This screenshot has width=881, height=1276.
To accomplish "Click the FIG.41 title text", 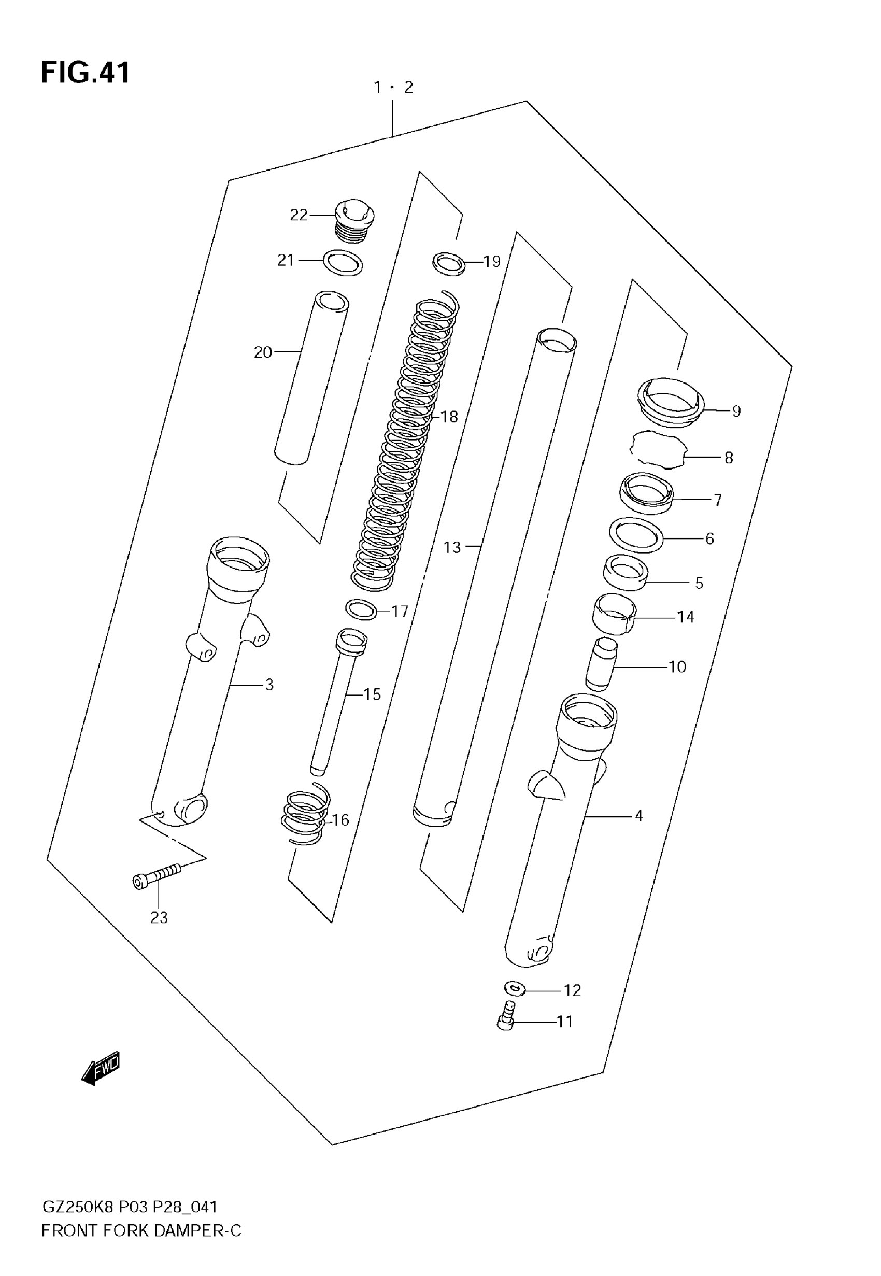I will pos(86,73).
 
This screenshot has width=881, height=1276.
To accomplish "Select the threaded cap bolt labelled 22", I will pos(354,220).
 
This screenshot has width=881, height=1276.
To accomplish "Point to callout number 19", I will pos(491,261).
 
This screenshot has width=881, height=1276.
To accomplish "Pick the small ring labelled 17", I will pos(361,610).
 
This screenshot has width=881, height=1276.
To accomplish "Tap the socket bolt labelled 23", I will pos(157,876).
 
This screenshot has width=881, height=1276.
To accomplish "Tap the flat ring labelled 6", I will pos(636,535).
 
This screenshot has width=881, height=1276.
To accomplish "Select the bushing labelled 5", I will pos(625,573).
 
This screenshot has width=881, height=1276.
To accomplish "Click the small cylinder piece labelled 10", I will pos(601,664).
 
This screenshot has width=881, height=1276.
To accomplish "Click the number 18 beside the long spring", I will pos(449,417).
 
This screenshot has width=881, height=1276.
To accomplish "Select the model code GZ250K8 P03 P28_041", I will pos(130,1207).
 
